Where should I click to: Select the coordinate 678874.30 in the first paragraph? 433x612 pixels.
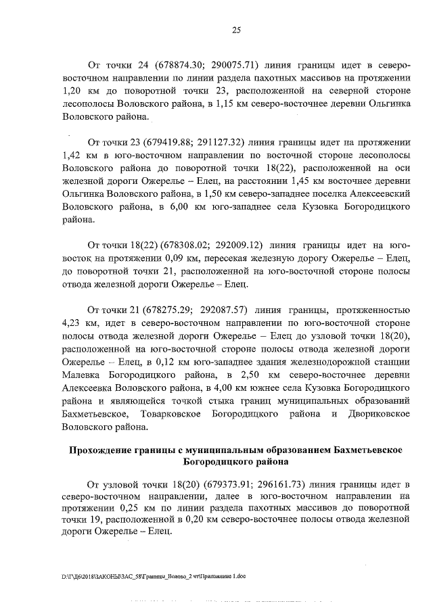point(156,66)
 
